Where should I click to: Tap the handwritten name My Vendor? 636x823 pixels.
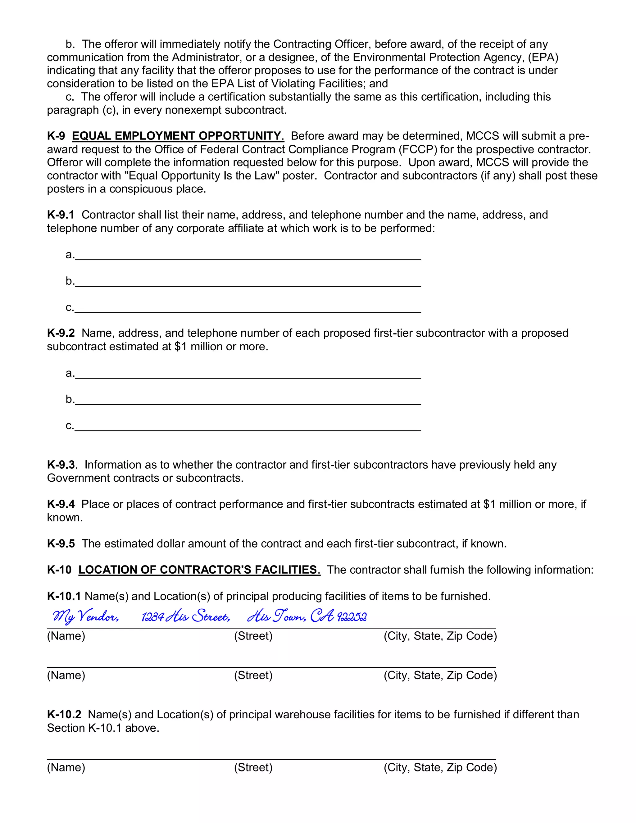point(86,616)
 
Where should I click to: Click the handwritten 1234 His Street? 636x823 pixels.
point(185,617)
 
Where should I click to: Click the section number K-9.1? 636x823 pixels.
point(61,215)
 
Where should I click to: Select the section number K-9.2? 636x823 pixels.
point(61,333)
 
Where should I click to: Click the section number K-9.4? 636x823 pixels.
point(61,504)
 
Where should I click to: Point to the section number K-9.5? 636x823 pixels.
point(61,543)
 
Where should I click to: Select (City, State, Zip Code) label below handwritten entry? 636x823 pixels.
point(440,636)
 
